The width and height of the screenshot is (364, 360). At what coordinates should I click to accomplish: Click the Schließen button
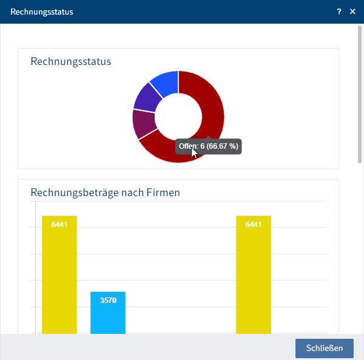tap(324, 348)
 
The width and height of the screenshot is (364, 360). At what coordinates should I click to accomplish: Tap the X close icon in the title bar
tap(352, 12)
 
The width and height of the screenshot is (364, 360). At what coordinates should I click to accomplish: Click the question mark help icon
tap(340, 12)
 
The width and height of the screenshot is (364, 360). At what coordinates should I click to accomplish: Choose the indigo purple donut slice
tap(146, 99)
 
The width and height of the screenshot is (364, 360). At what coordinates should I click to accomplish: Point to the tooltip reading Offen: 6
tap(209, 146)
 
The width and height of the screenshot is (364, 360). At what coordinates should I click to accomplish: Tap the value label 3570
tap(108, 301)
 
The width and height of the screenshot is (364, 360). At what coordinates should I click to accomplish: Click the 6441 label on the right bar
tap(254, 225)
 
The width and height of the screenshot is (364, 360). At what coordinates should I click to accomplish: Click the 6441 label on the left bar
tap(59, 225)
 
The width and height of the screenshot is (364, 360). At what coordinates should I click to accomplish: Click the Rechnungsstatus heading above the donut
tap(70, 61)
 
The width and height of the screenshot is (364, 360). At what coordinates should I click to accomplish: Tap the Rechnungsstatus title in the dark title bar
tap(42, 12)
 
